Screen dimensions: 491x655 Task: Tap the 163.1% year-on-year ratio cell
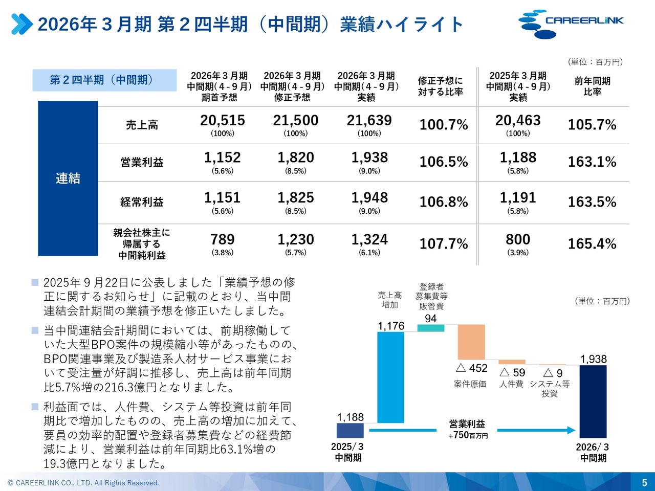click(592, 162)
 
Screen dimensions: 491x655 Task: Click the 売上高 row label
click(142, 125)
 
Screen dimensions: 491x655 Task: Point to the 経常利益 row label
click(142, 202)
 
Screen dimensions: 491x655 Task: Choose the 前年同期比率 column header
click(592, 86)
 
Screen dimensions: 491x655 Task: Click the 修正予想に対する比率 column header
click(440, 86)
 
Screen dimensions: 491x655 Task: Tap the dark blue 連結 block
click(68, 178)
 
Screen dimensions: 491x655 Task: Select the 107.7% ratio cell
click(444, 244)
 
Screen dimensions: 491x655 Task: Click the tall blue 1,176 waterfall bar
click(390, 377)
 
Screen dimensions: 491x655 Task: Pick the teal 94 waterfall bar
click(431, 328)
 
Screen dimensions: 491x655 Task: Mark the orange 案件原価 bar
click(471, 342)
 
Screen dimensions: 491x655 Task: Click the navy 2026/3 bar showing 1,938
click(593, 401)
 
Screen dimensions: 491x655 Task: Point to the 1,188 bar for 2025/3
click(350, 430)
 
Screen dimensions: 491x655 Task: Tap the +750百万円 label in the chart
click(468, 435)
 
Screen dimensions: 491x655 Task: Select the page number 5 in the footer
click(644, 482)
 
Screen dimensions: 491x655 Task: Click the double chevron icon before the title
click(22, 24)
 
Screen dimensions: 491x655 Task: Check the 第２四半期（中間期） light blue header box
click(104, 80)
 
